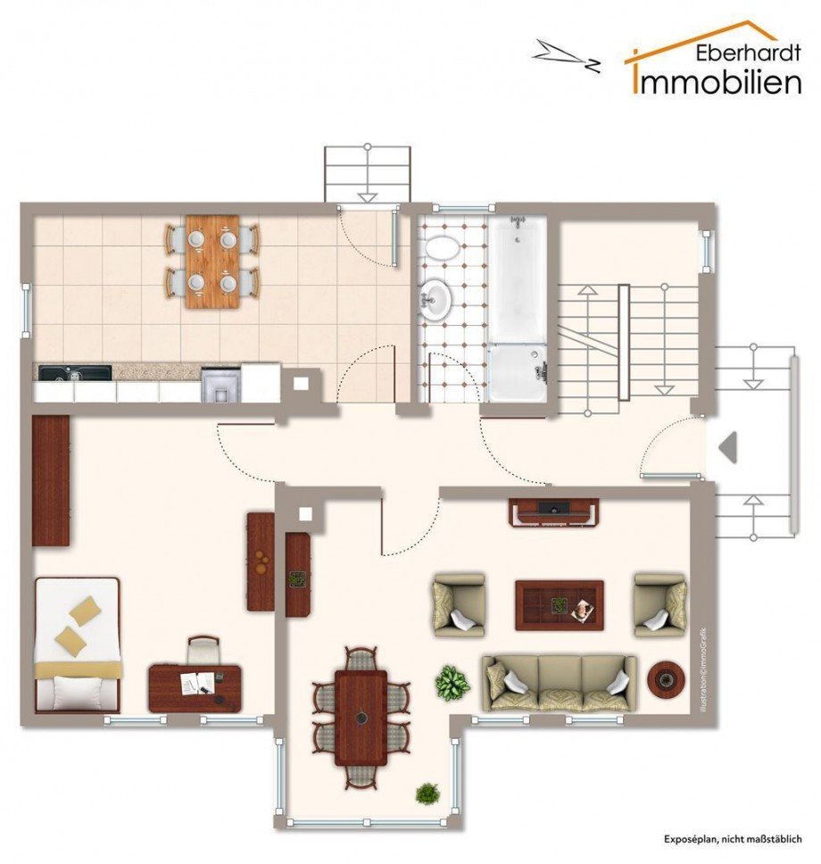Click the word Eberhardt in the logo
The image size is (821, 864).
pyautogui.click(x=748, y=53)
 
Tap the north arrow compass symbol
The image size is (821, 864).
pyautogui.click(x=566, y=55)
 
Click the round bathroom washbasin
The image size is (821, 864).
pyautogui.click(x=435, y=299)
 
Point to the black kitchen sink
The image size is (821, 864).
pyautogui.click(x=74, y=373)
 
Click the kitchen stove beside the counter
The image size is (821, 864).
pyautogui.click(x=221, y=384)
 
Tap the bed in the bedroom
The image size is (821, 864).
pyautogui.click(x=77, y=644)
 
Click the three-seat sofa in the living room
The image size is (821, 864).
pyautogui.click(x=560, y=683)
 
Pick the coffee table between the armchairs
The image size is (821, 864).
pyautogui.click(x=560, y=605)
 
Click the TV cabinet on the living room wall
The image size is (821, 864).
pyautogui.click(x=553, y=512)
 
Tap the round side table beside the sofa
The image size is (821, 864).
pyautogui.click(x=666, y=679)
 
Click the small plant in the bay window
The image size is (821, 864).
pyautogui.click(x=427, y=793)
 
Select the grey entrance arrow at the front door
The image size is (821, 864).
pyautogui.click(x=728, y=447)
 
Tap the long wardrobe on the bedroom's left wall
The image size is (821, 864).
pyautogui.click(x=51, y=480)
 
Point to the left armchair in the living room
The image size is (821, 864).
pyautogui.click(x=459, y=605)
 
